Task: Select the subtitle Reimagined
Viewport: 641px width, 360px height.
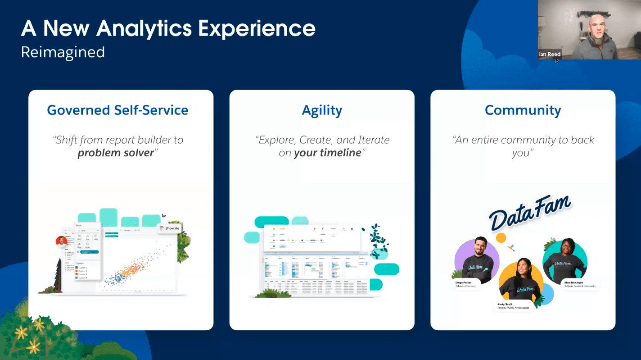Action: pos(63,52)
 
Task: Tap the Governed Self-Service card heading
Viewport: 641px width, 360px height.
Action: pos(117,110)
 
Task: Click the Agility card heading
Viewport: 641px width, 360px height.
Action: pos(322,110)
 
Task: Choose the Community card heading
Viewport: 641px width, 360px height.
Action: pos(523,110)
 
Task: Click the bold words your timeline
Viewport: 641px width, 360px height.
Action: pos(327,153)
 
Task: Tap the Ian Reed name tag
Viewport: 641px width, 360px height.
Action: pos(550,54)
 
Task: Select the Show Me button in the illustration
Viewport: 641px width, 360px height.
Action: pos(171,228)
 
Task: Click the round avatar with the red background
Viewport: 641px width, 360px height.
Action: pos(61,241)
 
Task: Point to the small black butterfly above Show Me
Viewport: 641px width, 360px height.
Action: pos(164,216)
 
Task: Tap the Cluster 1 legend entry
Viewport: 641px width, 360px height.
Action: pos(82,267)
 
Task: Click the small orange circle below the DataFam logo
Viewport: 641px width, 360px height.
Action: pos(501,237)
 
